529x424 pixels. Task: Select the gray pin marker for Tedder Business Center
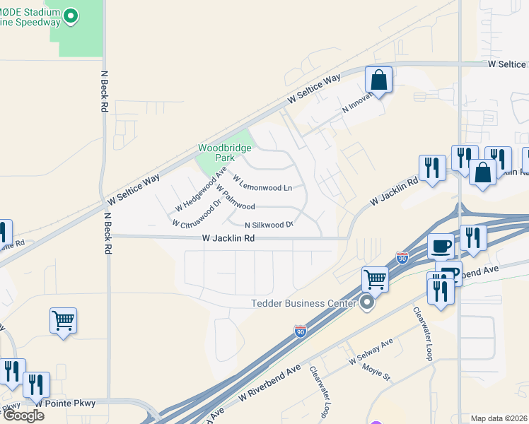(x=366, y=303)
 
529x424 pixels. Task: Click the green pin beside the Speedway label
(x=70, y=16)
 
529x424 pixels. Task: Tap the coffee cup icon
(x=441, y=247)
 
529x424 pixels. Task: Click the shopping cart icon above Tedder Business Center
(x=376, y=279)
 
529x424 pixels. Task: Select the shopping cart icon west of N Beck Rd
(x=63, y=322)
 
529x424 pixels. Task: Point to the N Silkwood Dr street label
(x=269, y=224)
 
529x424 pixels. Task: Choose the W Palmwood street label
(x=236, y=199)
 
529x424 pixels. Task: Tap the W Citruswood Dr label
(x=197, y=213)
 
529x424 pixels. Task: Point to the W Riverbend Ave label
(x=269, y=384)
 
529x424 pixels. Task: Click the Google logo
(x=23, y=416)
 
